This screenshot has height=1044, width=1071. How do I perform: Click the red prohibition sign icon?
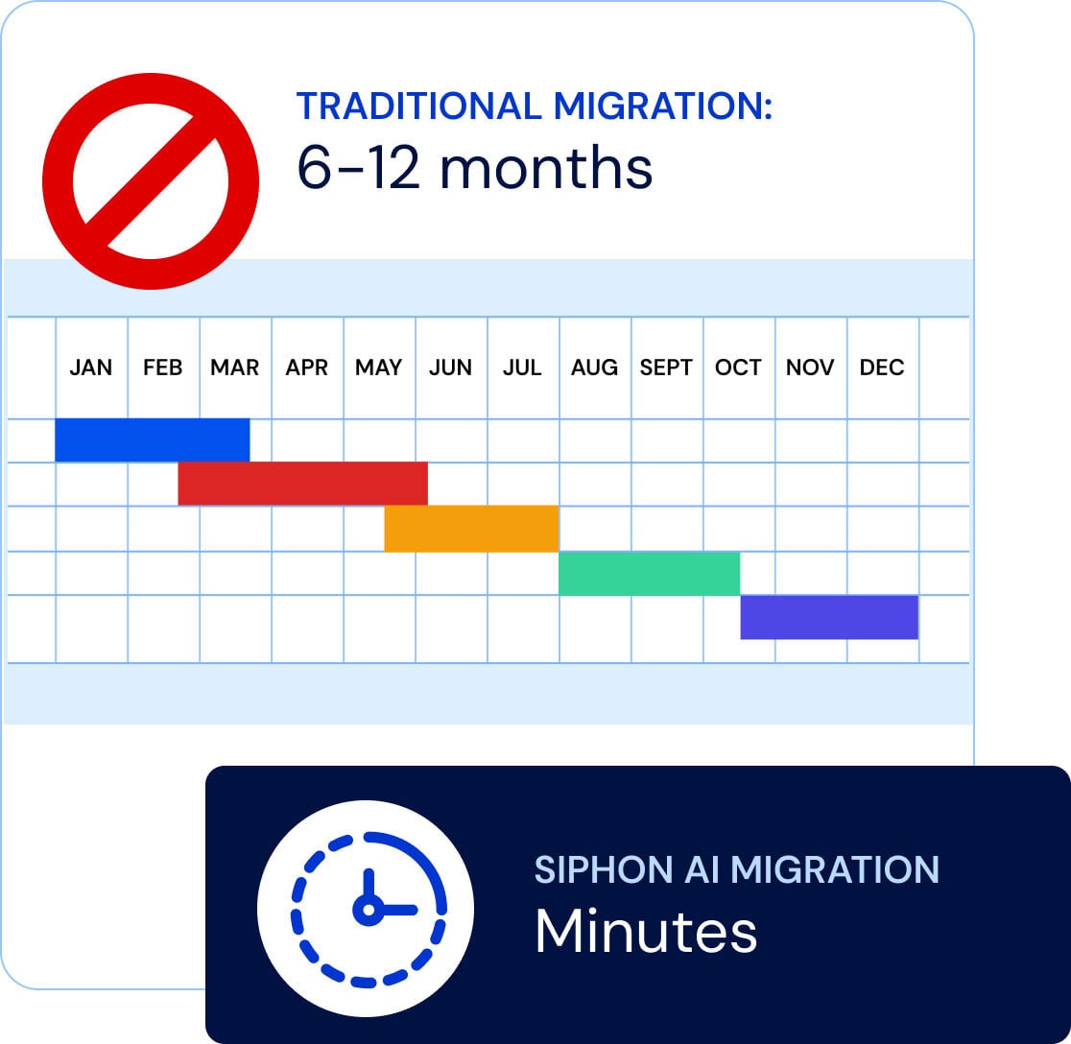tap(151, 180)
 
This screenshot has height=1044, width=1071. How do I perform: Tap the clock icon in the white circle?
tap(366, 907)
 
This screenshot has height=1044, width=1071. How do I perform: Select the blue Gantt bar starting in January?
tap(153, 440)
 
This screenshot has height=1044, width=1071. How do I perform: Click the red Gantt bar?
tap(302, 484)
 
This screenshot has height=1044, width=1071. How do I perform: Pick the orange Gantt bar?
tap(471, 529)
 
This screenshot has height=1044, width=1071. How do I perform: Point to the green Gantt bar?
tap(649, 573)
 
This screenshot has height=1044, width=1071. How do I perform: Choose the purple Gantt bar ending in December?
tap(829, 617)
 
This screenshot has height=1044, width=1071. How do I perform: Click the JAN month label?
tap(91, 368)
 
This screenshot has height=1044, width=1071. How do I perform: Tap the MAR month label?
tap(235, 368)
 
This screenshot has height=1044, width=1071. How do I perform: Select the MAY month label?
tap(378, 368)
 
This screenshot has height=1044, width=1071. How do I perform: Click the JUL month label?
tap(522, 368)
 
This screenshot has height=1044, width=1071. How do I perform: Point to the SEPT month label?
tap(666, 368)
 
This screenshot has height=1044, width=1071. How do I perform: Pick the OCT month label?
tap(738, 368)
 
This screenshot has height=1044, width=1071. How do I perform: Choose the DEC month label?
tap(882, 368)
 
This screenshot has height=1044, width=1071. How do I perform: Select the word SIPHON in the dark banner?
tap(590, 869)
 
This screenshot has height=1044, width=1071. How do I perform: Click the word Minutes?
tap(646, 931)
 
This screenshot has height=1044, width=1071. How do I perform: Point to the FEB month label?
tap(162, 368)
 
